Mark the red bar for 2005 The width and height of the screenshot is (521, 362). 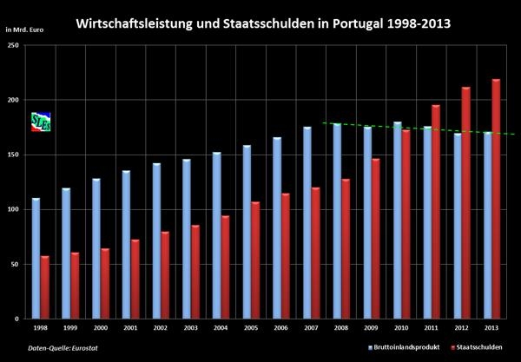click(x=255, y=260)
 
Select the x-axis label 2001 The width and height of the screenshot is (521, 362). click(x=130, y=328)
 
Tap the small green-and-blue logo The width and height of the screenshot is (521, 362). click(x=40, y=122)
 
